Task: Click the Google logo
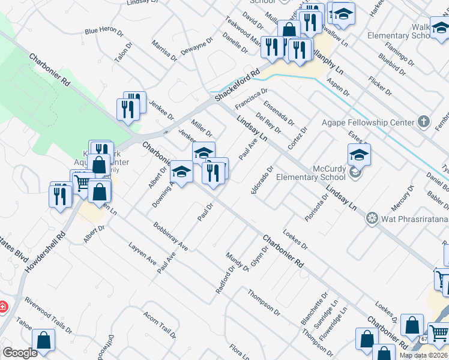(20, 353)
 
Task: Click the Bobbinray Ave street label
(170, 237)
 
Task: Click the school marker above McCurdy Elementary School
(359, 155)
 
